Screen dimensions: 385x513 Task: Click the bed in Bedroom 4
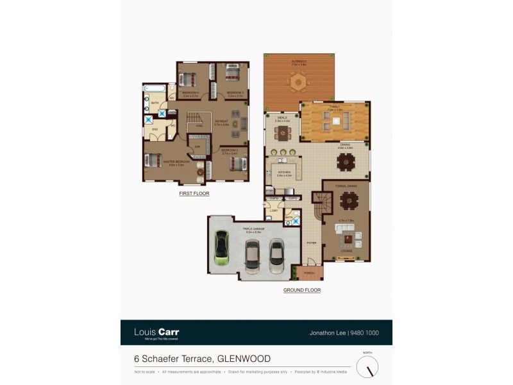[189, 79]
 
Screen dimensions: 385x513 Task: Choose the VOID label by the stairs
[199, 126]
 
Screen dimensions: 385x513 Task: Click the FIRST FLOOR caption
[194, 193]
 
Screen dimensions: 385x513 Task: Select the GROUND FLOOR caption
[302, 290]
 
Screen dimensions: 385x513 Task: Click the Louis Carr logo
[156, 332]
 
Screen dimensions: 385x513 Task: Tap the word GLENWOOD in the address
[244, 359]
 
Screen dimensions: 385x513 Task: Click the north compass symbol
[367, 367]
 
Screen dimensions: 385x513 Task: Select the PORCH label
[308, 272]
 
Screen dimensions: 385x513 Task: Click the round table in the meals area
[283, 133]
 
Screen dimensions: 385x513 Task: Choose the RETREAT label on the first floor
[222, 121]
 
